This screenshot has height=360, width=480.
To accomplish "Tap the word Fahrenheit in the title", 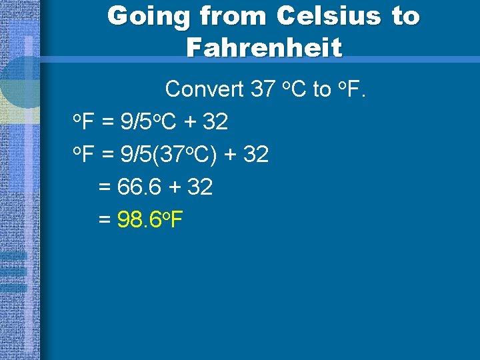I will click(264, 47).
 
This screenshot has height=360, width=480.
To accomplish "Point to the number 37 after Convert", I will click(263, 89).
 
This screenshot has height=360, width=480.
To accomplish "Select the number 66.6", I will click(139, 187).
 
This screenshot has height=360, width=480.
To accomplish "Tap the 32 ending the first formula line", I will click(215, 122).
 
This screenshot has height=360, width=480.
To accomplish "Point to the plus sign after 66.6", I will click(175, 188).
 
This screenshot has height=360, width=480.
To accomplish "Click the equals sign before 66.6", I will click(105, 188).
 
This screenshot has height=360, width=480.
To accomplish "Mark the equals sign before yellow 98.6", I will click(105, 220).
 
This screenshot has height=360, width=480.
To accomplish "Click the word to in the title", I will click(405, 16).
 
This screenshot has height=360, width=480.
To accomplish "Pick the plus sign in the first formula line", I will click(190, 123).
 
